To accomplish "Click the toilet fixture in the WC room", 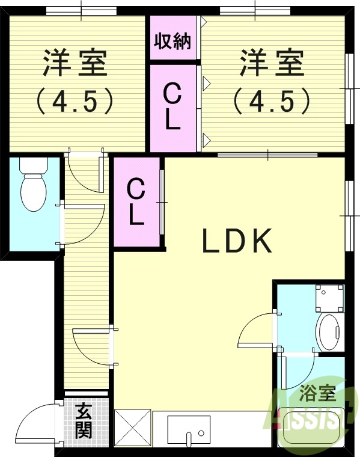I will [x=33, y=186].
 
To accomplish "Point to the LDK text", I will [x=237, y=242].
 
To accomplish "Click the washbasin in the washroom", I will [x=329, y=331].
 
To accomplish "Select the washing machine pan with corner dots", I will [x=329, y=298].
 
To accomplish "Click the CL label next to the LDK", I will [x=136, y=203].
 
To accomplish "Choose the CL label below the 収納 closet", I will [x=172, y=108].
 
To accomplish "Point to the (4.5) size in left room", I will [x=75, y=100].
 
